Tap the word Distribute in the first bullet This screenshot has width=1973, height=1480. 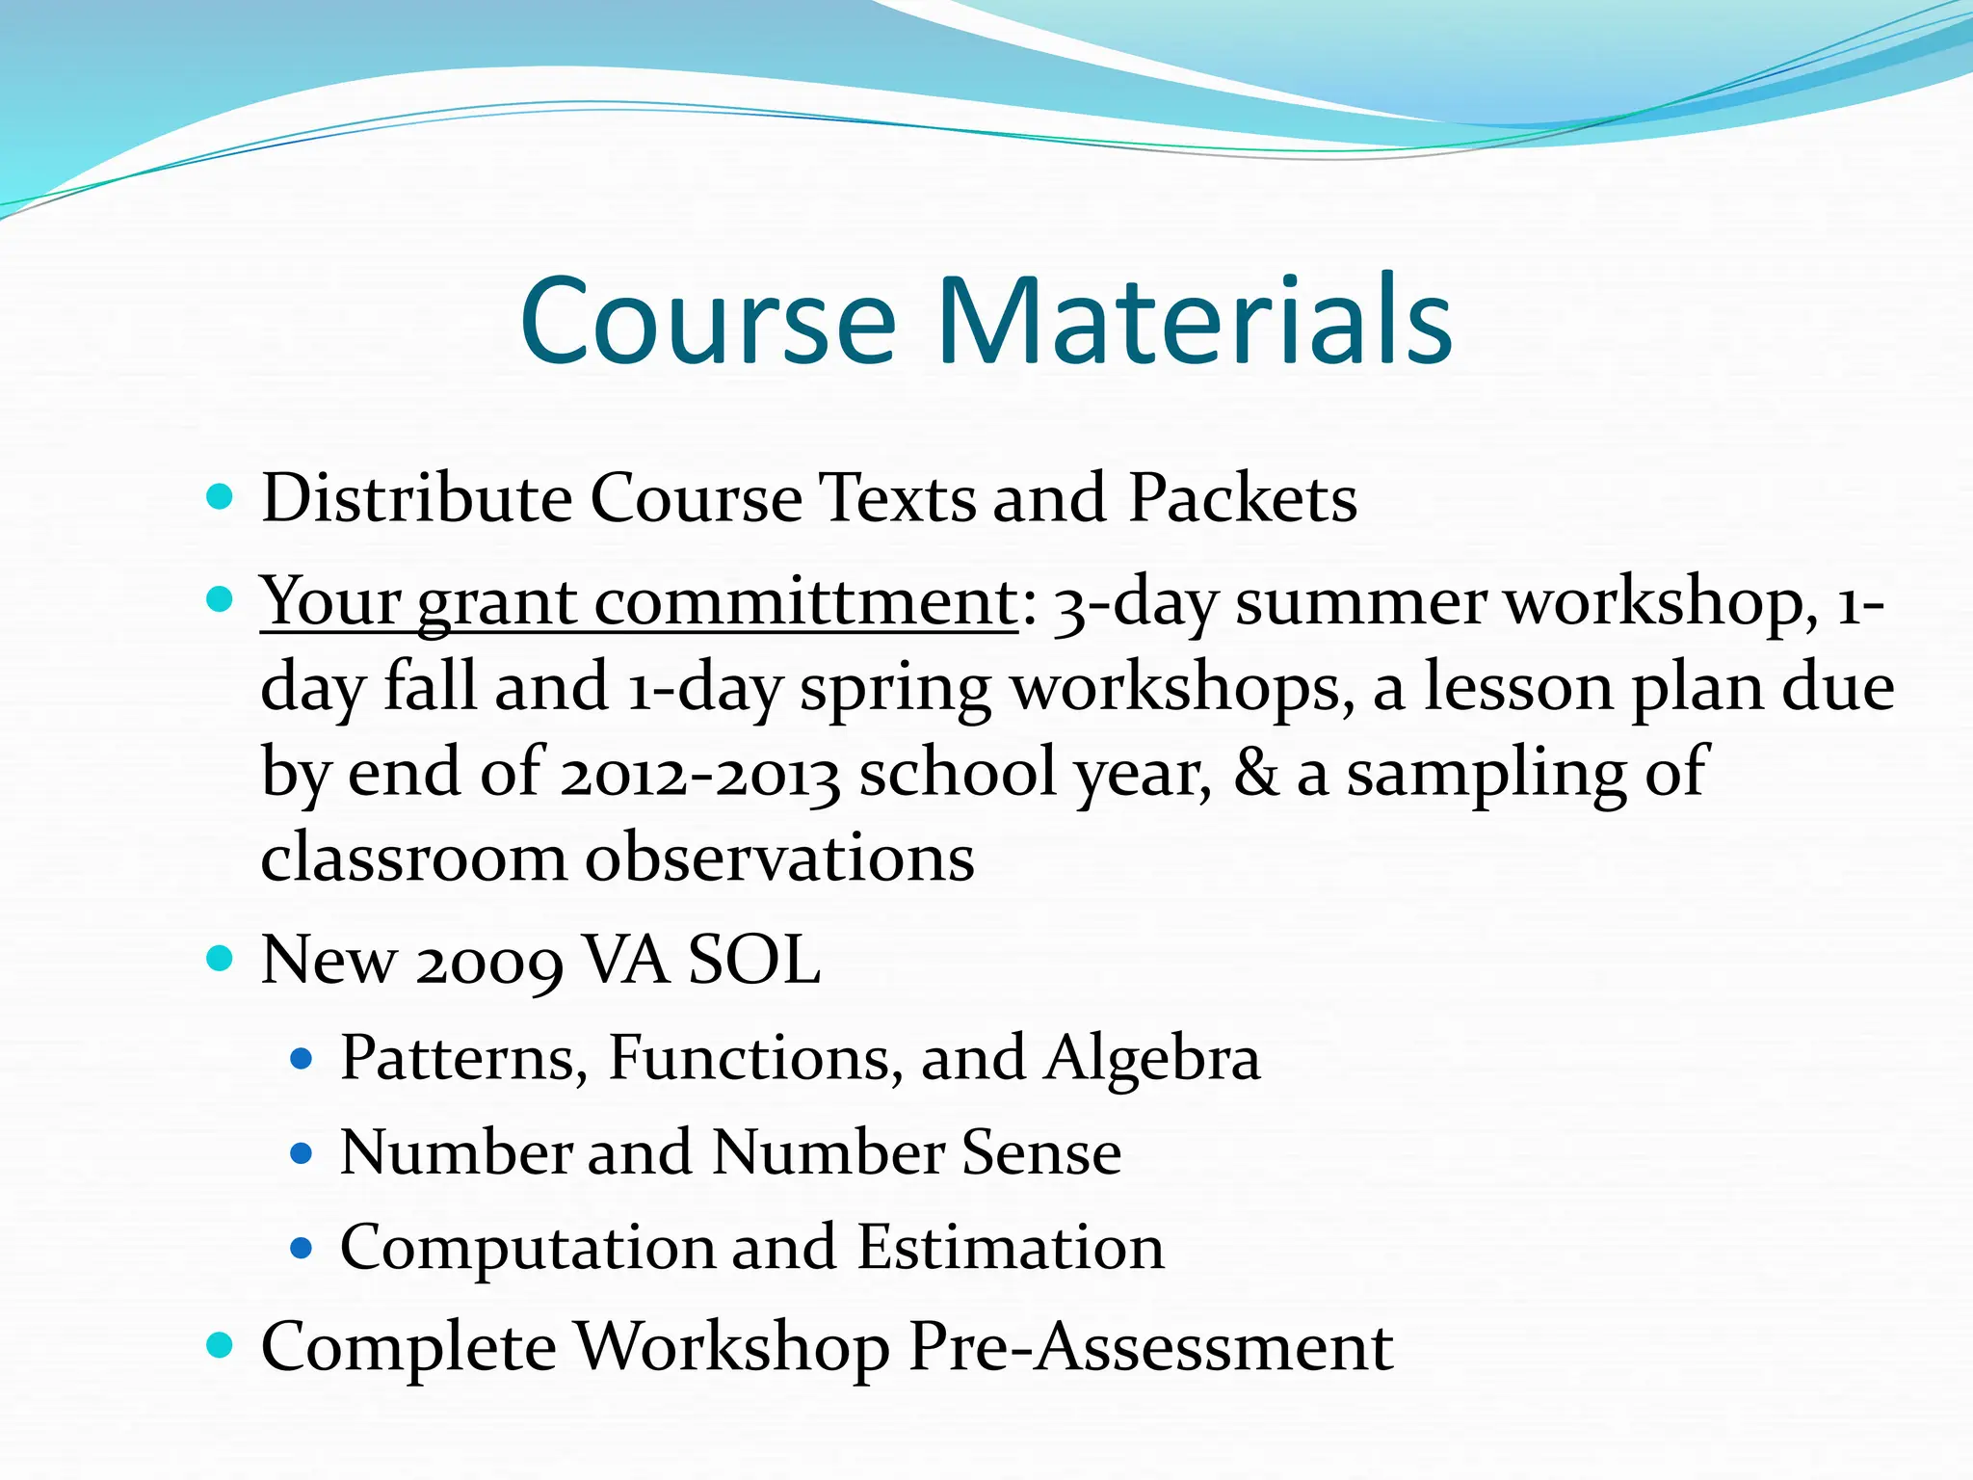tap(416, 498)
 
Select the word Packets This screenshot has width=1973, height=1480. tap(1242, 498)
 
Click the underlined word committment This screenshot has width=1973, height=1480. tap(805, 602)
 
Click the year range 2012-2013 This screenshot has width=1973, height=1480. tap(699, 774)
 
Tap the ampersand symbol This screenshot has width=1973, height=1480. tap(1256, 774)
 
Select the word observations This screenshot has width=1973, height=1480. tap(779, 858)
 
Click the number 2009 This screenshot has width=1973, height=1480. tap(489, 961)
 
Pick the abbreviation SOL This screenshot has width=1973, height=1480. tap(753, 961)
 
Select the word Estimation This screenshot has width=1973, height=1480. tap(1011, 1247)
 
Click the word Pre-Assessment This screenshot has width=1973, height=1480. tap(1150, 1346)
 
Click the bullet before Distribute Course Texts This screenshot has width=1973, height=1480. tap(220, 497)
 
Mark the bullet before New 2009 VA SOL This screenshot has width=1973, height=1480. tap(220, 960)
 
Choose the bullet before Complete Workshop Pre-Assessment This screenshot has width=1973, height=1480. tap(220, 1345)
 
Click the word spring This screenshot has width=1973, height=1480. tap(895, 688)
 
